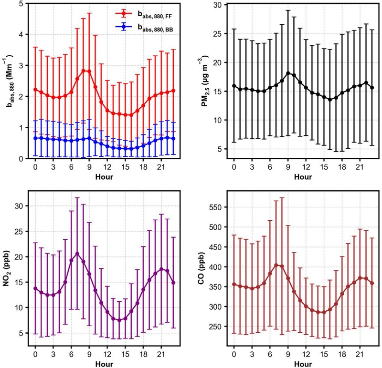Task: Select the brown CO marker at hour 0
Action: pos(234,285)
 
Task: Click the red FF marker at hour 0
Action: pos(35,90)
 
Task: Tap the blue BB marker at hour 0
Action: pos(35,138)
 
